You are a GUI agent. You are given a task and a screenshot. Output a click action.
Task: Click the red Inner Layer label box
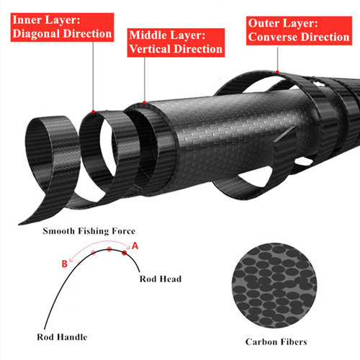(62, 27)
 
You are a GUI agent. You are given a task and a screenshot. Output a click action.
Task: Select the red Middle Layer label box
(176, 42)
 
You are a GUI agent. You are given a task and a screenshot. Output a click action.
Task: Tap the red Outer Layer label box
(299, 31)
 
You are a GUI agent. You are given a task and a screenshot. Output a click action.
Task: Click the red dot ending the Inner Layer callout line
(94, 112)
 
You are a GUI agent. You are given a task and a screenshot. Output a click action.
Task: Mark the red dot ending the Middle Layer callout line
(144, 102)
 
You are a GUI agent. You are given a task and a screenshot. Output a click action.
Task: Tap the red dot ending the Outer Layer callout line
(277, 72)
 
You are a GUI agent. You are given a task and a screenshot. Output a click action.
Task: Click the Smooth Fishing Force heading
(89, 231)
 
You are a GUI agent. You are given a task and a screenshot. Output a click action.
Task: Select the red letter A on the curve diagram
(135, 246)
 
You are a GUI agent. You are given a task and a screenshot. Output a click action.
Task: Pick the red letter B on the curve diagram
(65, 264)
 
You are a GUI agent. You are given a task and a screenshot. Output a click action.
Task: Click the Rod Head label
(161, 279)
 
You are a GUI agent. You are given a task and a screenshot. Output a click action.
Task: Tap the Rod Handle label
(62, 337)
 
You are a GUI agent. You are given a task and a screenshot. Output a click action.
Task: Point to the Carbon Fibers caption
(276, 342)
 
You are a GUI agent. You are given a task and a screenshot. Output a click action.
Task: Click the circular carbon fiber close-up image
(274, 285)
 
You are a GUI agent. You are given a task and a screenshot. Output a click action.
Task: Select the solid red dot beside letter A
(125, 253)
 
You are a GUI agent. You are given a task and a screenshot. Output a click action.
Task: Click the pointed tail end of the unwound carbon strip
(19, 225)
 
